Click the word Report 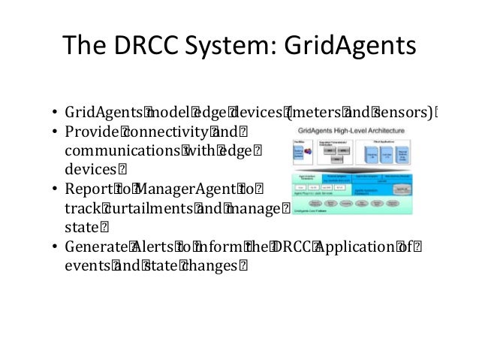86,189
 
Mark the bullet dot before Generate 56,247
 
